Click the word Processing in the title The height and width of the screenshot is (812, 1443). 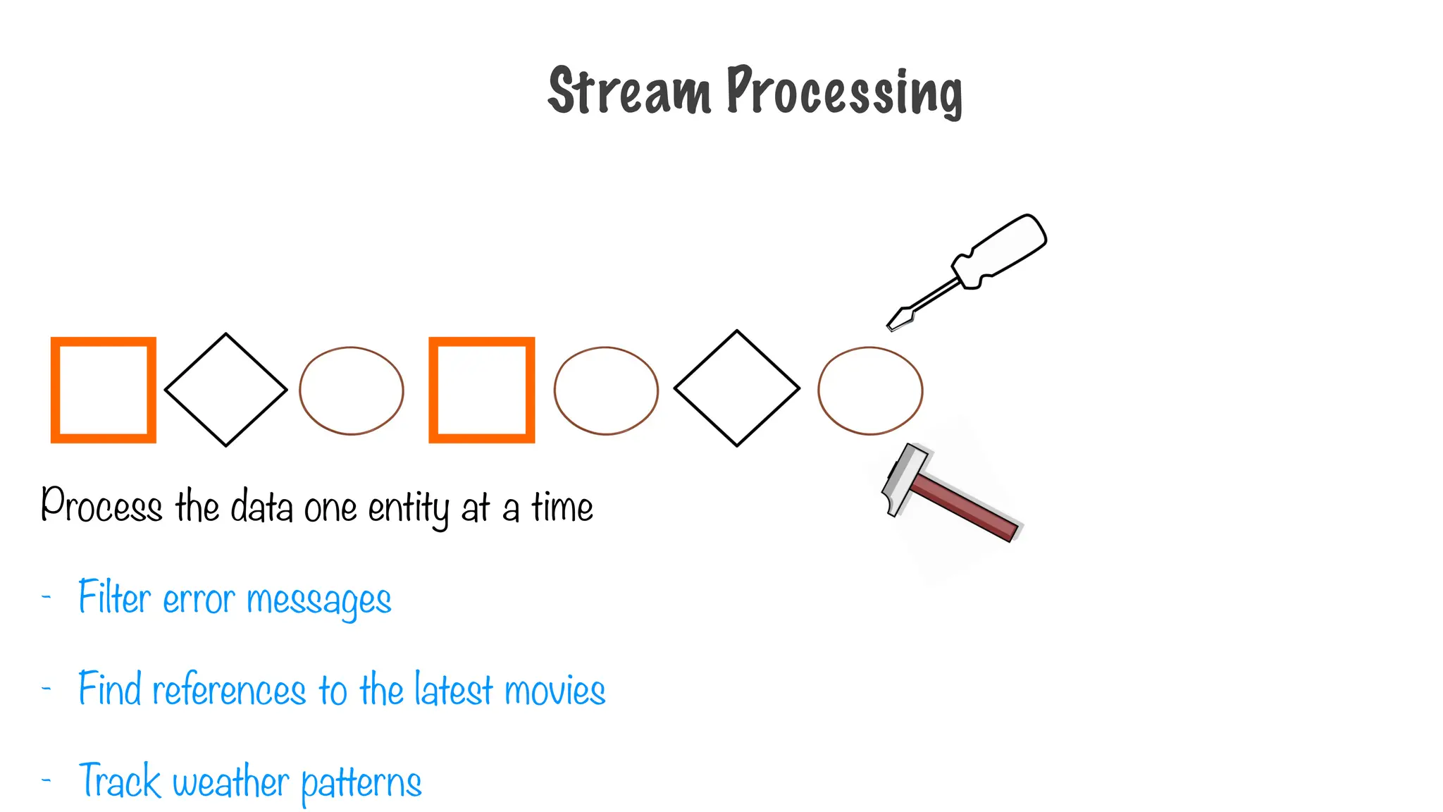844,92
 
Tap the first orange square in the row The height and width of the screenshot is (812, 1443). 104,390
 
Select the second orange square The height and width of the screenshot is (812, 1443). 482,390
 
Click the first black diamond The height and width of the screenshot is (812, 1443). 226,390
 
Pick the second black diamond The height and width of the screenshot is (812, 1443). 737,388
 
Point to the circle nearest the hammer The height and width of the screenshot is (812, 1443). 870,390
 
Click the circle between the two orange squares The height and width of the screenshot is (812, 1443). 352,390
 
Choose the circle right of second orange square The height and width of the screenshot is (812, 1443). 606,390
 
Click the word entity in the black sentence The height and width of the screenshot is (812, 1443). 408,508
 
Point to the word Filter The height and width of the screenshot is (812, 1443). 114,598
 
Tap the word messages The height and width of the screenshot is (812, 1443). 318,601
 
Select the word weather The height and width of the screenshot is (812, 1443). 230,782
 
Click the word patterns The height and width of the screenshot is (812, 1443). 361,783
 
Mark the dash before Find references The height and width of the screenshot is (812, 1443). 47,689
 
